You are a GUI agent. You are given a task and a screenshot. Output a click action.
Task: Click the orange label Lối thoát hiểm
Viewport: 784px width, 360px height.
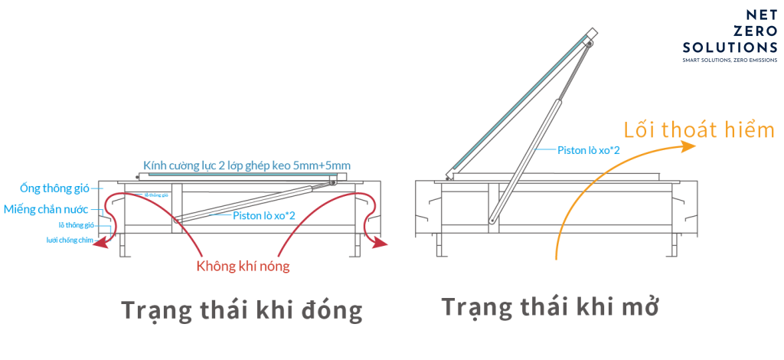point(699,129)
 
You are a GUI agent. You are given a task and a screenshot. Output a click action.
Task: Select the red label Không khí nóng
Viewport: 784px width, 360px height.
point(243,267)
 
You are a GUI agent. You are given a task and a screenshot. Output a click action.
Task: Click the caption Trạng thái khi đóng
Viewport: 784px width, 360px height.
point(241,312)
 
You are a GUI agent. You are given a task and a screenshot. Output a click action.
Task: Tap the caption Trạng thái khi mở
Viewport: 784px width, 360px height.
point(550,307)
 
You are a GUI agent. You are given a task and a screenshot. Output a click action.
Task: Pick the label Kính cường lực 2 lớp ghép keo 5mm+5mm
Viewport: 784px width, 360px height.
point(247,165)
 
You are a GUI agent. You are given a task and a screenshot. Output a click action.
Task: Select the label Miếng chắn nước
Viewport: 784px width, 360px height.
point(47,208)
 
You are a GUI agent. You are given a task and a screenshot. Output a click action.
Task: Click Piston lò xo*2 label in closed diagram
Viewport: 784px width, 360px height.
point(264,216)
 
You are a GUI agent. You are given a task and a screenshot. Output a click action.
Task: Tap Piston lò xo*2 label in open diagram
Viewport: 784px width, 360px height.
point(587,150)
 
